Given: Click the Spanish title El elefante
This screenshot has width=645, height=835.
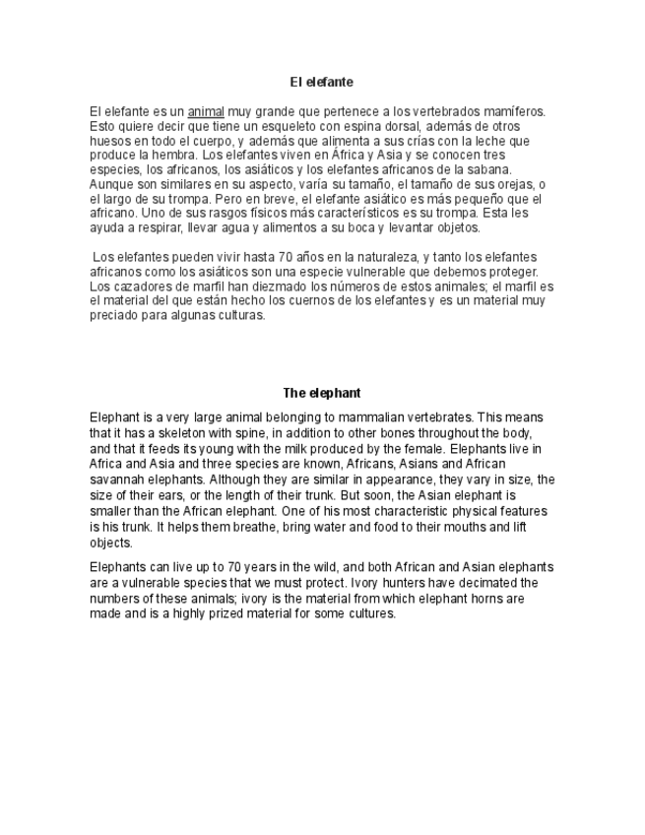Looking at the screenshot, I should pyautogui.click(x=321, y=82).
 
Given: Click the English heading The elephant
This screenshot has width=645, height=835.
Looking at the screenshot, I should pyautogui.click(x=322, y=393).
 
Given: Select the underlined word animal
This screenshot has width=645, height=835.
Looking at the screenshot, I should pyautogui.click(x=206, y=112).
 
